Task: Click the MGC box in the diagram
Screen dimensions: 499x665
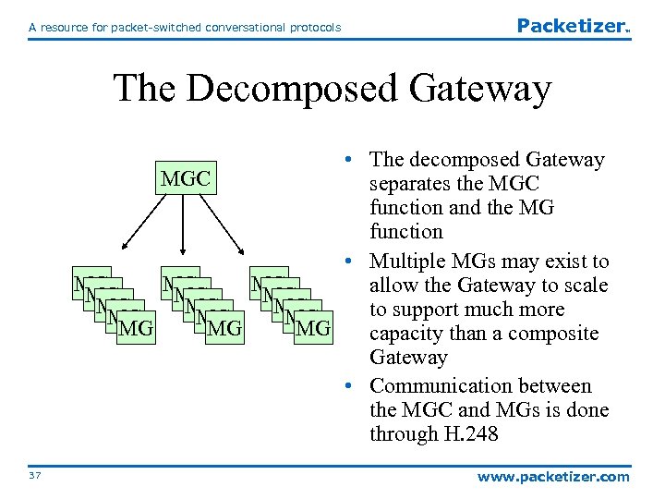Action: click(x=186, y=177)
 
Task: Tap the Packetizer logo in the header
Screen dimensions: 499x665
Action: click(x=572, y=26)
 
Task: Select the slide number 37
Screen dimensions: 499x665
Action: click(x=36, y=476)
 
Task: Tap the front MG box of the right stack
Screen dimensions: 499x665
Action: click(x=314, y=328)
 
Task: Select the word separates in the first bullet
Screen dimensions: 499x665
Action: click(x=410, y=183)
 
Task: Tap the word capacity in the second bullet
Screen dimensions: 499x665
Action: click(x=406, y=333)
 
